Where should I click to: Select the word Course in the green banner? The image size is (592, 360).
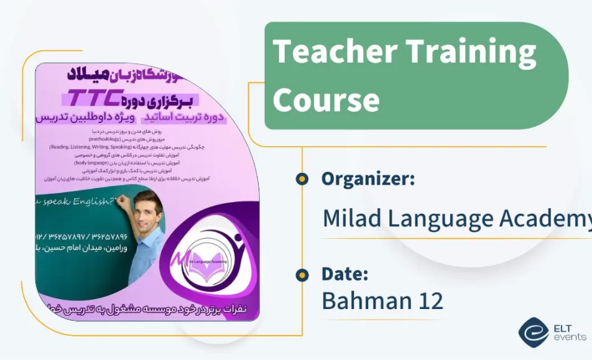tap(326, 99)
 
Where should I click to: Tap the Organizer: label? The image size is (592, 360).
tap(368, 179)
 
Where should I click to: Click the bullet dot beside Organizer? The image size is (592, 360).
tap(302, 179)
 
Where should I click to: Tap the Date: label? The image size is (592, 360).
tap(345, 274)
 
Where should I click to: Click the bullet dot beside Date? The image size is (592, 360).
tap(302, 274)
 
